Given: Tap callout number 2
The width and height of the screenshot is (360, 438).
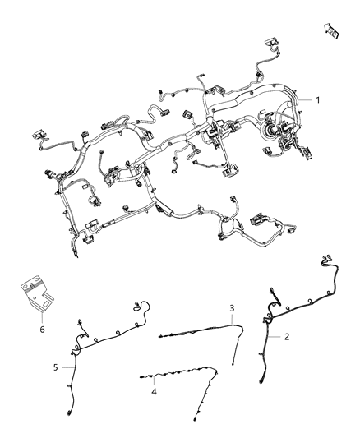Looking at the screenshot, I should (287, 337).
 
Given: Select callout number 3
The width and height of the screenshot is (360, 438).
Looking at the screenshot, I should (233, 308).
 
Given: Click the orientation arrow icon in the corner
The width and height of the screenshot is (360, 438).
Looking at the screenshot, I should (331, 30).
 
